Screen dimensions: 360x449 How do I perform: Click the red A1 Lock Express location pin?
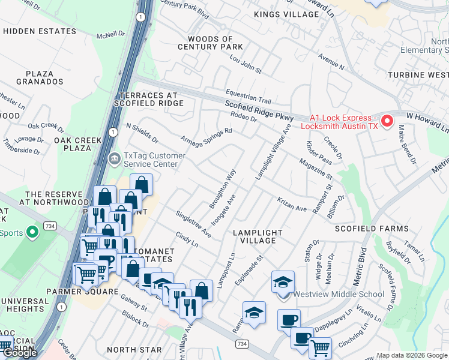coord(387,122)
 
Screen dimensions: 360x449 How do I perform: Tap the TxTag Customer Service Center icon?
coord(113,159)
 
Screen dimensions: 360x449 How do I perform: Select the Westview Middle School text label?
coord(338,294)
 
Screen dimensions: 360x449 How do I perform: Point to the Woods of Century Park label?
coord(210,43)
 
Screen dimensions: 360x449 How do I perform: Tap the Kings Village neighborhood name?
coord(279,14)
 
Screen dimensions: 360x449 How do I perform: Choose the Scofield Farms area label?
coord(372,229)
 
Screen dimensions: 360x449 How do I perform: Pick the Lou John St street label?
coord(246,65)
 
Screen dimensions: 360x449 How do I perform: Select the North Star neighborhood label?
coord(134,350)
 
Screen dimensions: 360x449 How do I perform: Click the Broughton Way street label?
coord(222,188)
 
